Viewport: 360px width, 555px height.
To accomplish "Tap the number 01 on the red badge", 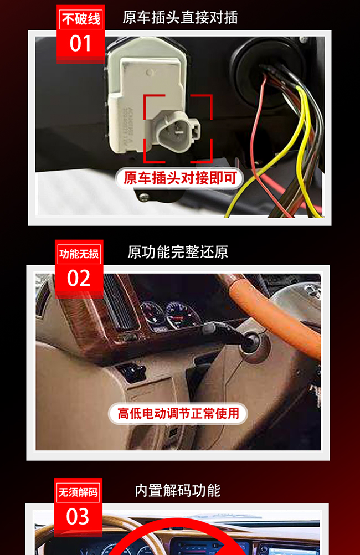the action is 81,44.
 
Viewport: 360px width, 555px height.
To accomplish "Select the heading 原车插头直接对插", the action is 180,17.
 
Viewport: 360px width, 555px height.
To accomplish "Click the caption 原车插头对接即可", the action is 180,178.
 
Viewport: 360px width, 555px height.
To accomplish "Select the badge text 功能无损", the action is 79,254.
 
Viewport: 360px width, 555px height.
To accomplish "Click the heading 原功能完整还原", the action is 178,252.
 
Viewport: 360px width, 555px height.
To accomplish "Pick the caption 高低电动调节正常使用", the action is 178,413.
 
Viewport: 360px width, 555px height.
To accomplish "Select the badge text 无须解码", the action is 78,492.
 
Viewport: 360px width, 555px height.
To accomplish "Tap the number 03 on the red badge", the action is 78,516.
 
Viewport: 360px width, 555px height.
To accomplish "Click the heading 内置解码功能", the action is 178,491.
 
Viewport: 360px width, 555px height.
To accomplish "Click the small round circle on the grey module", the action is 150,73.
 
